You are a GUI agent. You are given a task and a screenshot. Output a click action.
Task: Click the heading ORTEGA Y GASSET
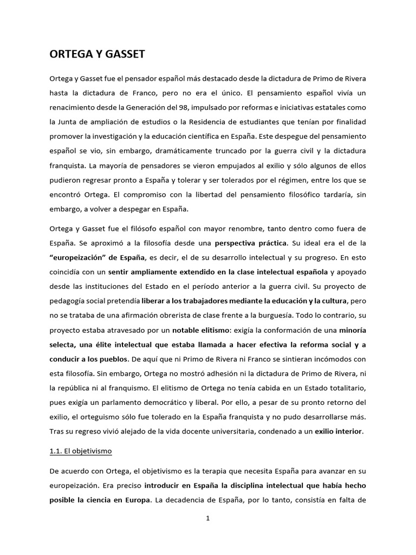click(97, 54)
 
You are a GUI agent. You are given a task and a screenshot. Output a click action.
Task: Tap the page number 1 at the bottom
click(207, 518)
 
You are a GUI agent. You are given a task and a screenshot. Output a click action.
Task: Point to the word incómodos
click(328, 359)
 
